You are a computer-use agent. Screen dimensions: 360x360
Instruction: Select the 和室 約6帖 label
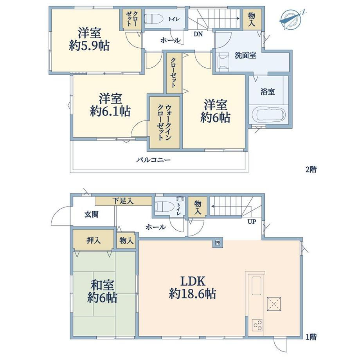[x=102, y=292]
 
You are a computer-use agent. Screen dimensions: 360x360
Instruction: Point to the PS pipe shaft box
[x=218, y=243]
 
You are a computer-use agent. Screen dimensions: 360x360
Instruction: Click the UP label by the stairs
[x=252, y=222]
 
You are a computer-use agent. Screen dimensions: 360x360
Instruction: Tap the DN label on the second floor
[x=198, y=34]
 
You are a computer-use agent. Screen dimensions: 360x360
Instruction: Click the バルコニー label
[x=153, y=160]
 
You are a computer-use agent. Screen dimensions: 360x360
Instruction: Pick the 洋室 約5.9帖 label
[x=89, y=39]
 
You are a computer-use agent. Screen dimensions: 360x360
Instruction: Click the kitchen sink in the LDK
[x=256, y=286]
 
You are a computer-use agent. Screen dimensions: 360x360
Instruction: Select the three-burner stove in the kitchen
[x=257, y=325]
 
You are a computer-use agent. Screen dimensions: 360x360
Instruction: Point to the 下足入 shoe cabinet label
[x=123, y=201]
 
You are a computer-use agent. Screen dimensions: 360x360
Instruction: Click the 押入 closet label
[x=94, y=241]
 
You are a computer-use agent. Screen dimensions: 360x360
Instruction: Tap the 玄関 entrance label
[x=92, y=215]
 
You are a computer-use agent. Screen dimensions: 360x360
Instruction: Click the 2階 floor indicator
[x=311, y=169]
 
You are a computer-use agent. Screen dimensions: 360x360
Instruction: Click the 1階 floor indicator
[x=311, y=337]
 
